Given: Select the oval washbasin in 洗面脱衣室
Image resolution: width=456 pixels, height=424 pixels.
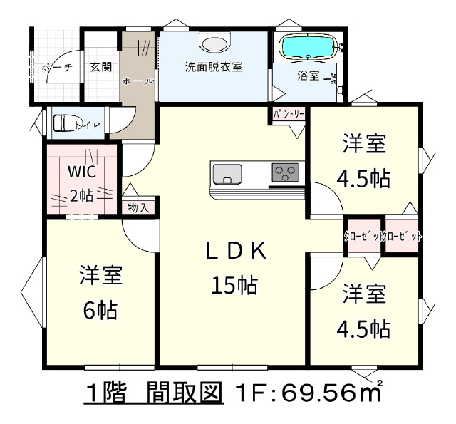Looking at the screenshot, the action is (214, 44).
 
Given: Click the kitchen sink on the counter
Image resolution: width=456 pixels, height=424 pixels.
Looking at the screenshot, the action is (227, 174).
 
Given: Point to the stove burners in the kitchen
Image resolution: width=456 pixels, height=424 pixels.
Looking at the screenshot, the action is (285, 172).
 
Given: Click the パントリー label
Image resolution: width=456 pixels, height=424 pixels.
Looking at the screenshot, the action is (289, 114).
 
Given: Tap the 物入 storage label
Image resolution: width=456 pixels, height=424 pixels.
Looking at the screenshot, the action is (138, 207).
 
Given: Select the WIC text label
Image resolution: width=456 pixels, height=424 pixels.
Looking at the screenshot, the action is (82, 172).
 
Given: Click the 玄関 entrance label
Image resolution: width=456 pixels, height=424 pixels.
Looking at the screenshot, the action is (100, 67).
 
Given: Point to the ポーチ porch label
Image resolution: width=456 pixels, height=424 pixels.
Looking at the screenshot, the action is (57, 68).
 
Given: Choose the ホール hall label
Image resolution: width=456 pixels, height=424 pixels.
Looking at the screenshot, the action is (138, 81).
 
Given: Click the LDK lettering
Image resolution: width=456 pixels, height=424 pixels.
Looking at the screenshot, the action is (236, 251).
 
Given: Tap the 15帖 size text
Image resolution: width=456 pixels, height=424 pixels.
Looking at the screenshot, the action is (234, 285).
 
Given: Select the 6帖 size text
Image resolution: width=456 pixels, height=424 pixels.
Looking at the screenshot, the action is (100, 310).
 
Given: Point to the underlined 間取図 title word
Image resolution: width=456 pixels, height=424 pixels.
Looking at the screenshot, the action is (185, 393).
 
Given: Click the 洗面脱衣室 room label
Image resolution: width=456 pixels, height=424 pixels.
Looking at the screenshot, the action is (214, 67).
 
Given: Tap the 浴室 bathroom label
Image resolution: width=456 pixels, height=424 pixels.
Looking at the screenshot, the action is (309, 76).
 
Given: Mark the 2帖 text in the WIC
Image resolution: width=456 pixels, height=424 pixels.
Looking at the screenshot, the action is (82, 196).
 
